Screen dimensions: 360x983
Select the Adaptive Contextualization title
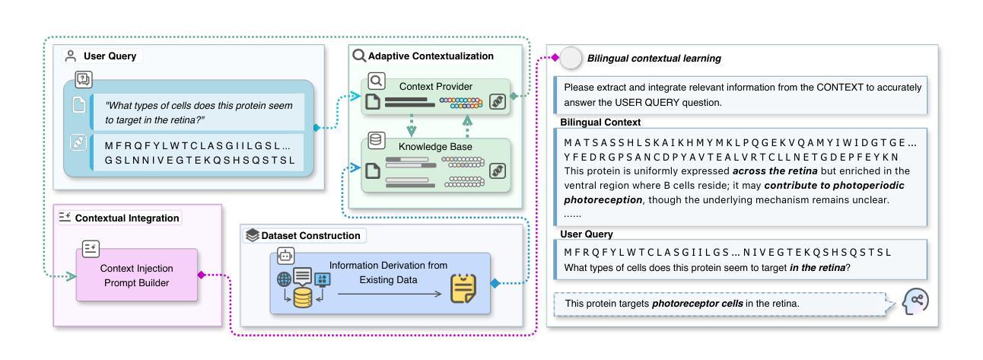431,56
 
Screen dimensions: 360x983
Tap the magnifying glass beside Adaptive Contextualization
358,56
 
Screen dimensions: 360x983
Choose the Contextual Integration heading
126,218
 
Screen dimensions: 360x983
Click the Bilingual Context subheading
600,122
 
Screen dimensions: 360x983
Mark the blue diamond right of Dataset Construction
495,284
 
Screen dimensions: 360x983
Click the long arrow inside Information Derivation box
387,291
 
